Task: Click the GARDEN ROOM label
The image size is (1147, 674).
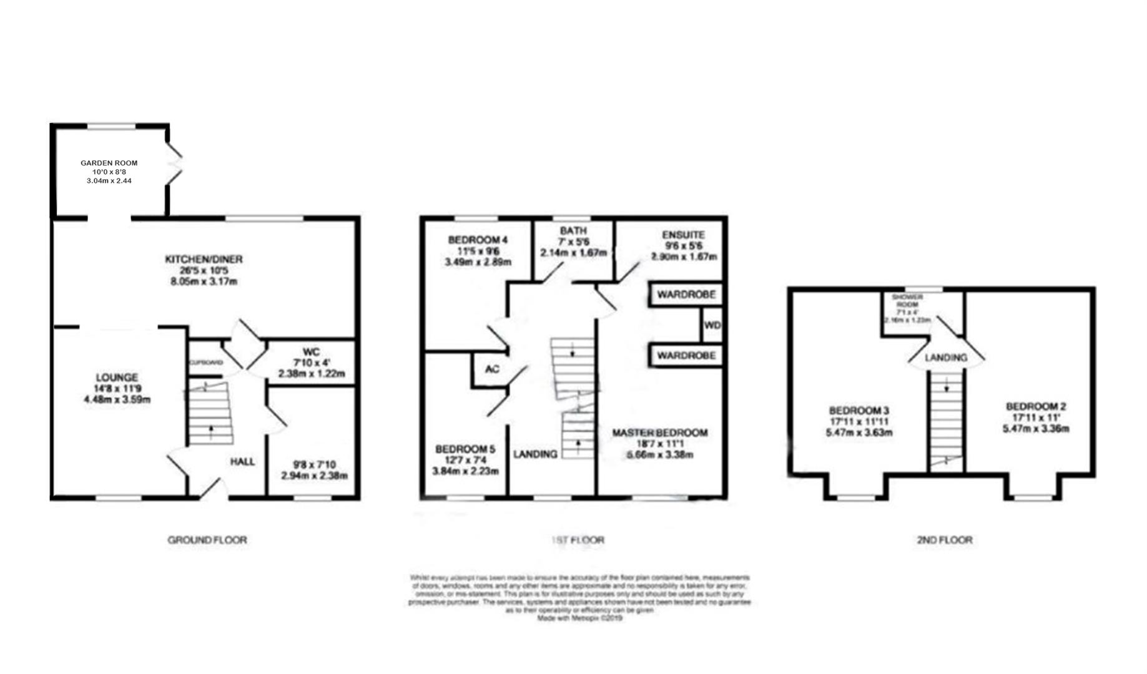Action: (109, 163)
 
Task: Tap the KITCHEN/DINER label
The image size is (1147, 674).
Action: (204, 259)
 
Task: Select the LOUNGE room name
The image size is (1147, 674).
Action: (117, 378)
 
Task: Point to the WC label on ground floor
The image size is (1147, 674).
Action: (311, 351)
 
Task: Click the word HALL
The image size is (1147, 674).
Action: (242, 462)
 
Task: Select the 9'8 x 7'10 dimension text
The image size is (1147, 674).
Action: (313, 464)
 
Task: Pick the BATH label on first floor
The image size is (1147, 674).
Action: (573, 230)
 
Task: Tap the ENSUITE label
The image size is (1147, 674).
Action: (683, 235)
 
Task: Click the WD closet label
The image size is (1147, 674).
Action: (712, 326)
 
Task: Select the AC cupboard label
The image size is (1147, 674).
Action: (492, 369)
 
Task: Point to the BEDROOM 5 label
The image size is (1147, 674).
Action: (465, 449)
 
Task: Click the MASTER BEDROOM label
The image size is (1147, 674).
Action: (659, 432)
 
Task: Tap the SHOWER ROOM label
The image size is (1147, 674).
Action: (907, 301)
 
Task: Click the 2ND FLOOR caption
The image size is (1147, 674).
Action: (944, 540)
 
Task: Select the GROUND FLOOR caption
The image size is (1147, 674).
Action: (207, 540)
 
